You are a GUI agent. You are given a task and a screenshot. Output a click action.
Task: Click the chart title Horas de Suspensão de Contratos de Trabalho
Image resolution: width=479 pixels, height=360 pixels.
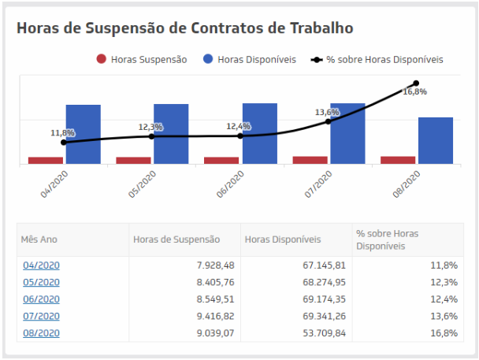[184, 28]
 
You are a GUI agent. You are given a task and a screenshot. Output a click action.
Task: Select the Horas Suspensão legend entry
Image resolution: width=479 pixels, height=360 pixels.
[142, 59]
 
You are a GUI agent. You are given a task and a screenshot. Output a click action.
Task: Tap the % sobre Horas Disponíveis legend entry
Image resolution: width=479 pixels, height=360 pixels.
[378, 59]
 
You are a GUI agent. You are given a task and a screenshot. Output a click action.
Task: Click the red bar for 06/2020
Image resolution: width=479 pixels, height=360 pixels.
[221, 160]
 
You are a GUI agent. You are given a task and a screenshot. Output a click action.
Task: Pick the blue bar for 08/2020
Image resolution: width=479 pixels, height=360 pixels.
[435, 140]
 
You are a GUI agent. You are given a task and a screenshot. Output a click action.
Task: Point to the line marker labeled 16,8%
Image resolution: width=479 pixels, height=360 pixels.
[416, 83]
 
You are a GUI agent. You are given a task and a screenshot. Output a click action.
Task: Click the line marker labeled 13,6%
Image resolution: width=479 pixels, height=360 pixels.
[328, 121]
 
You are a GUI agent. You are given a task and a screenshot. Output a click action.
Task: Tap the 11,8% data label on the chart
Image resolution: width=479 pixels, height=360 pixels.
[62, 133]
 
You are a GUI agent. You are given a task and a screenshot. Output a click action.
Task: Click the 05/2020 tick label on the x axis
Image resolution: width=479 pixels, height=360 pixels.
[143, 183]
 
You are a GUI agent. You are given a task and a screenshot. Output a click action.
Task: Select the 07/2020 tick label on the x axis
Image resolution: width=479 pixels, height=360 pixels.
[320, 183]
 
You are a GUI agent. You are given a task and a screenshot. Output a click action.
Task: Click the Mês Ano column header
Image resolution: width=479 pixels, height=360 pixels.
[39, 239]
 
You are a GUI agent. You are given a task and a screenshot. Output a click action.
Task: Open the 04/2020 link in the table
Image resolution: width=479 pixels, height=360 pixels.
[41, 265]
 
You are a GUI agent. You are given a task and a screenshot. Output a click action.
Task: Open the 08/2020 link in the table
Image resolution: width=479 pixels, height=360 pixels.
[41, 333]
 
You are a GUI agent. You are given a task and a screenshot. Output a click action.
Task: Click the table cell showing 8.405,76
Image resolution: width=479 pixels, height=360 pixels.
[213, 282]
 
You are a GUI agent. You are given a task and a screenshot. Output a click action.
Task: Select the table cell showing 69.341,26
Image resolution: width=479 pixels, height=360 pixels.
[325, 317]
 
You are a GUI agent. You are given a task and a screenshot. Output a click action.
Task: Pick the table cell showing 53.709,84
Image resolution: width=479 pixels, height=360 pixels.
[325, 333]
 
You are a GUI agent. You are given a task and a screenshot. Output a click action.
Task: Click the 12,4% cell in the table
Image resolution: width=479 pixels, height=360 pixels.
[444, 299]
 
